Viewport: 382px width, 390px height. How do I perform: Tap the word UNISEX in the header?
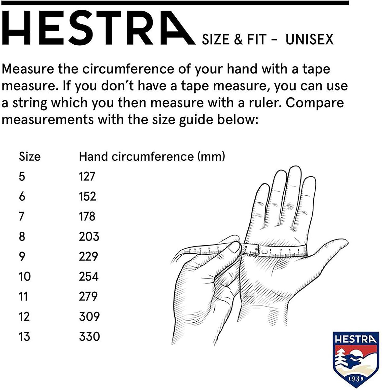[x=309, y=40]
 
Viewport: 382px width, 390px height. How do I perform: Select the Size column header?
[x=30, y=157]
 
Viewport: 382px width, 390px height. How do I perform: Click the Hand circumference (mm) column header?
[x=152, y=157]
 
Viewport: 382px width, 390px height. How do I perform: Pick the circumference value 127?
[x=87, y=176]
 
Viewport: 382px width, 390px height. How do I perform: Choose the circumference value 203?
[x=89, y=236]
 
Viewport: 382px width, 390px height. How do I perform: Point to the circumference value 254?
[x=89, y=276]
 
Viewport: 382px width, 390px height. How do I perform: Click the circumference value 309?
[x=89, y=316]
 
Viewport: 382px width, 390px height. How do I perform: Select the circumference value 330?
[x=89, y=336]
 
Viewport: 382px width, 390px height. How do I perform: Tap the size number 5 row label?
[x=22, y=176]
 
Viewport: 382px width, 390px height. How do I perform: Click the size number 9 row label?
[x=22, y=256]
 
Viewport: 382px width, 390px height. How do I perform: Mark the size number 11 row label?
[x=23, y=296]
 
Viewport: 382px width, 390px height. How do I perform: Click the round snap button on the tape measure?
[x=264, y=251]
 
